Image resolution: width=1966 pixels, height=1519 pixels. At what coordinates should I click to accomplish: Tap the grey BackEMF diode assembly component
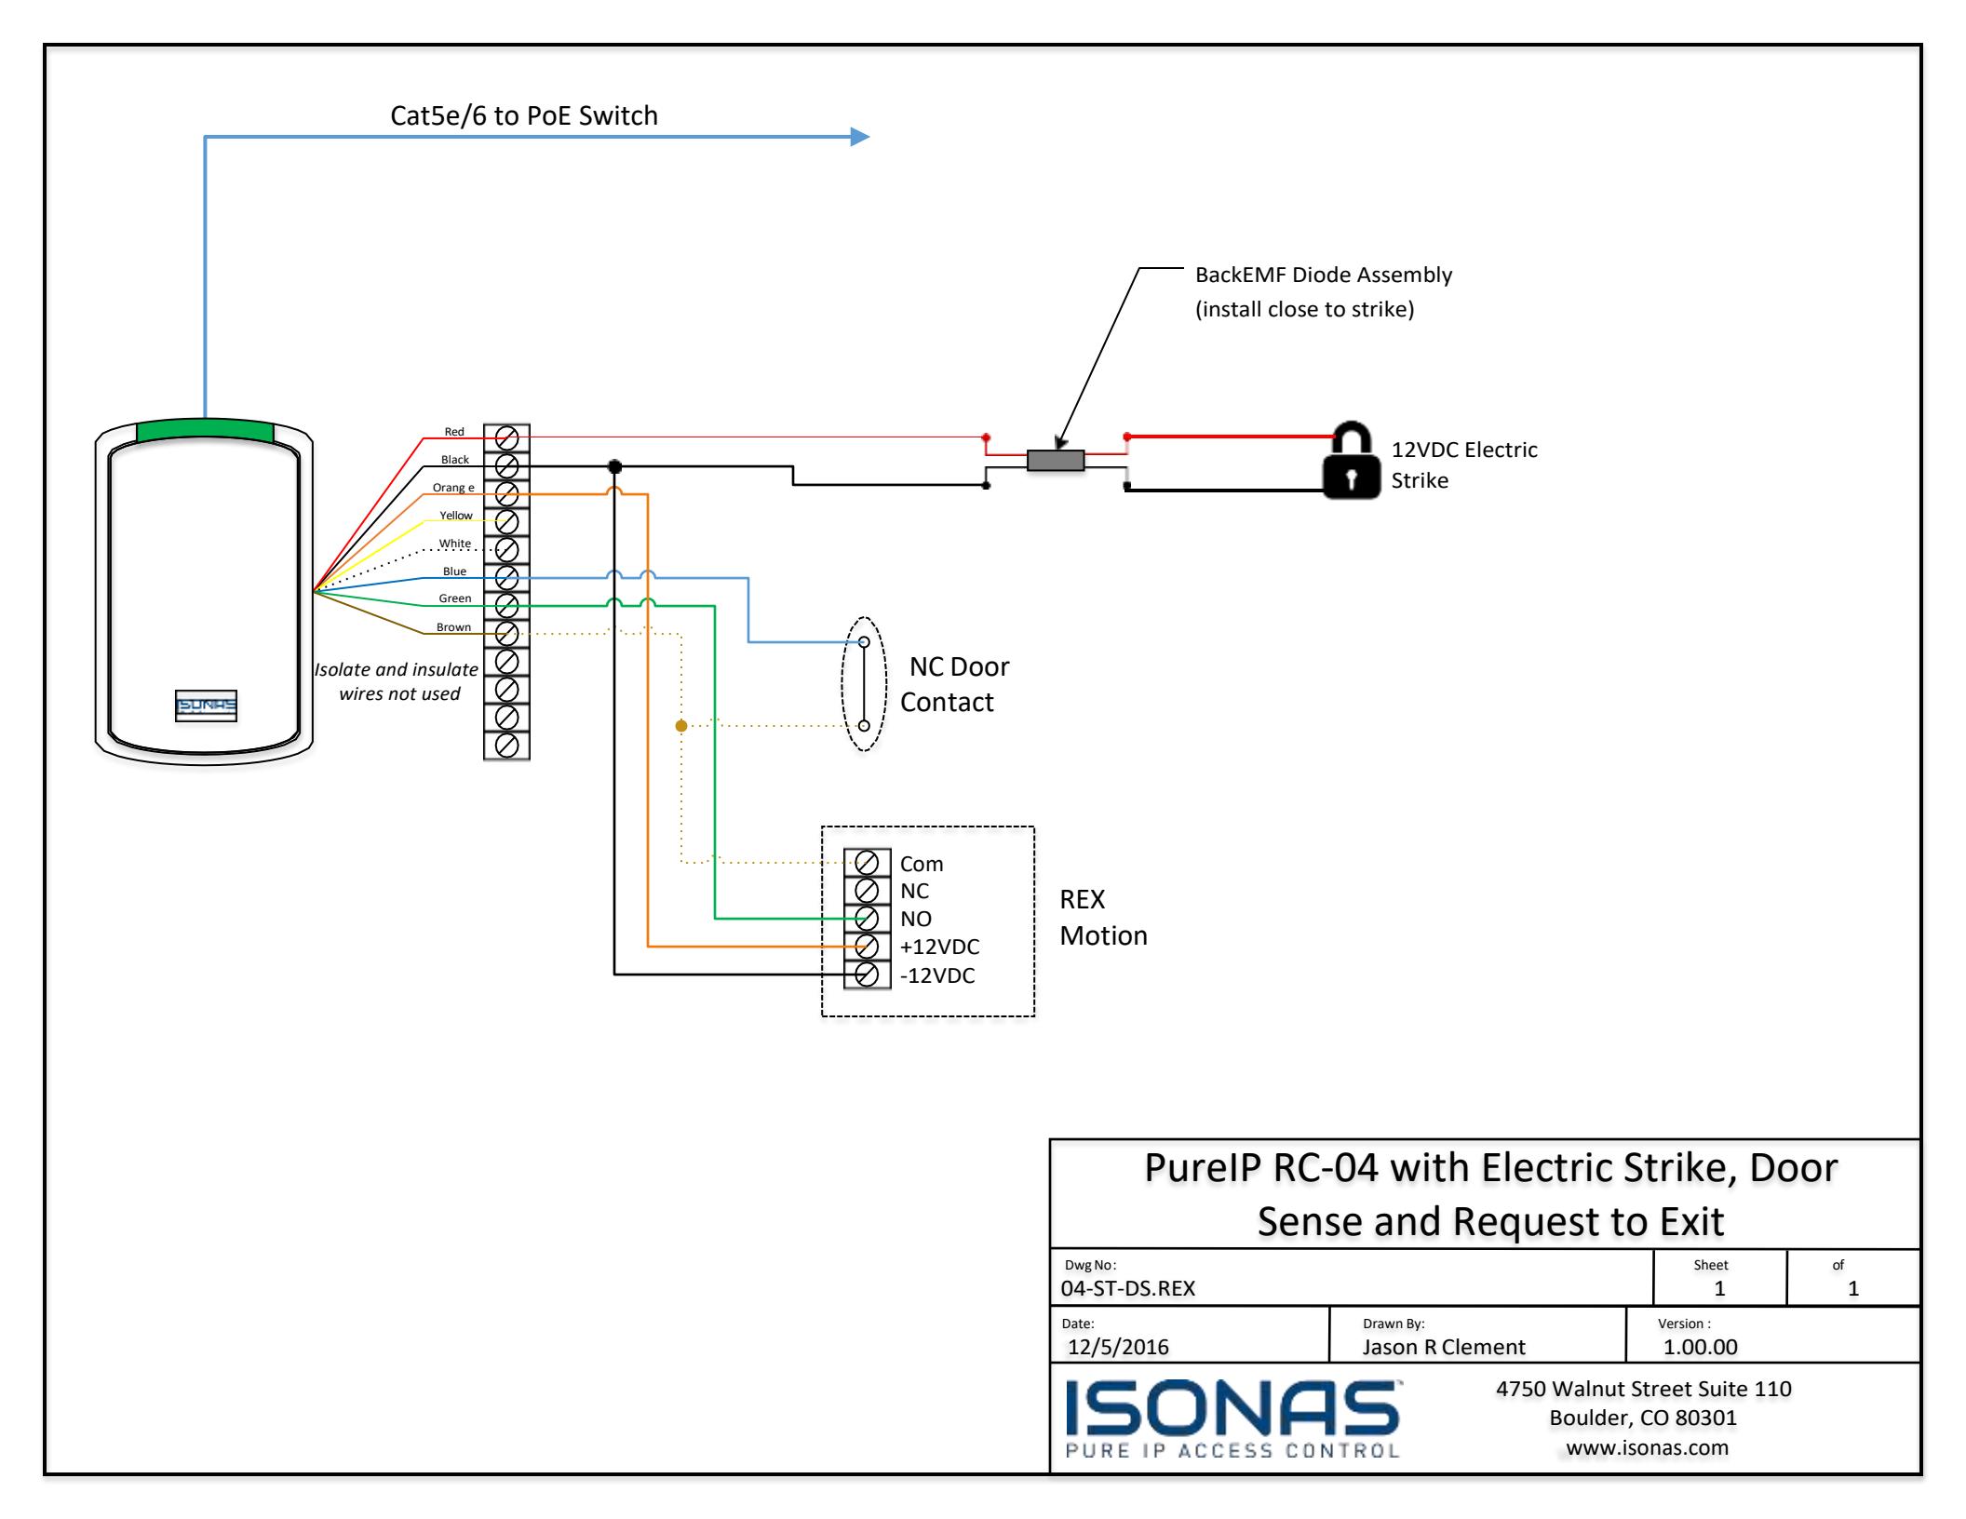[x=1056, y=460]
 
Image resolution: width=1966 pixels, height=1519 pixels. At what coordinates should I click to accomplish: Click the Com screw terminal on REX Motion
[x=867, y=863]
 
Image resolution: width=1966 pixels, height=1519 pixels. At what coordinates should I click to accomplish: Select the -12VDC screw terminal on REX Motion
[x=867, y=975]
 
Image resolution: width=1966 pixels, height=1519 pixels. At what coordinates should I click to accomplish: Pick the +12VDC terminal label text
[x=939, y=947]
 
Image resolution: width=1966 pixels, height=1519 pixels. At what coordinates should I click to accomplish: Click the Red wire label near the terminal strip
[x=454, y=431]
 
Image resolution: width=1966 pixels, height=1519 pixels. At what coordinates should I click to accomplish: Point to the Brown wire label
[x=454, y=626]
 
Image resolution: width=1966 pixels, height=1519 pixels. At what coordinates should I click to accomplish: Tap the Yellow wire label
[x=456, y=515]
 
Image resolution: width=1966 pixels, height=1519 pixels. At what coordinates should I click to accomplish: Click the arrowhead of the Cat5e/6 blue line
[x=860, y=138]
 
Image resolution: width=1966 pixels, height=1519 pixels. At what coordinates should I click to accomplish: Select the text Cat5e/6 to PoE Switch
[x=524, y=115]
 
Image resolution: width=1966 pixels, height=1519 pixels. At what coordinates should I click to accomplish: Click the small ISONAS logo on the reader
[x=206, y=706]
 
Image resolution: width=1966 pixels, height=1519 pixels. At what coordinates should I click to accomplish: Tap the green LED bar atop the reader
[x=205, y=430]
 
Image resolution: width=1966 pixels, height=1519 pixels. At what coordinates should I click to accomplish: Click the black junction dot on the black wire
[x=614, y=466]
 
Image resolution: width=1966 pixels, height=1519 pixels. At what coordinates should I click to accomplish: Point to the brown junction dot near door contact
[x=681, y=726]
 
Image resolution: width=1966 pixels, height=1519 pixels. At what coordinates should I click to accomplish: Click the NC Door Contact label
[x=954, y=684]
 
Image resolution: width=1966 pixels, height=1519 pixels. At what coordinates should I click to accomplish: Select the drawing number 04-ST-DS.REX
[x=1128, y=1288]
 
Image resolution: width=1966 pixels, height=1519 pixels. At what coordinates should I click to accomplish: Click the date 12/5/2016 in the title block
[x=1118, y=1347]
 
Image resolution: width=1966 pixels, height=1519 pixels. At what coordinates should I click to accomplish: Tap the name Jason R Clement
[x=1444, y=1347]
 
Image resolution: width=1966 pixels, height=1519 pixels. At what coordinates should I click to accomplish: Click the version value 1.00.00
[x=1700, y=1347]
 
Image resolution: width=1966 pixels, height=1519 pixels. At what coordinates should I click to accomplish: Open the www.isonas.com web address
[x=1647, y=1447]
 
